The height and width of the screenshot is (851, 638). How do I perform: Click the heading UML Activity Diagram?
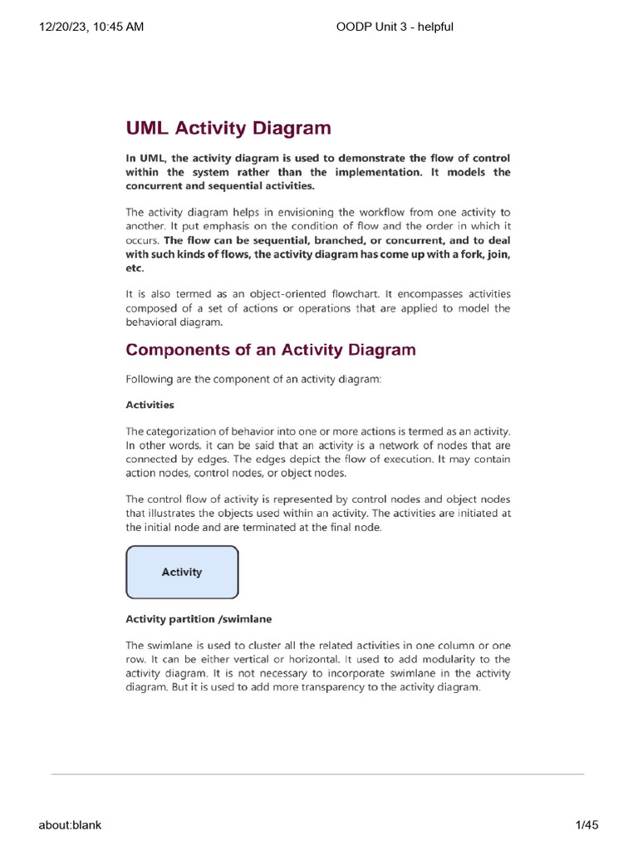pyautogui.click(x=228, y=128)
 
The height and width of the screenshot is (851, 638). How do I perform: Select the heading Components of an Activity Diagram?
pyautogui.click(x=270, y=349)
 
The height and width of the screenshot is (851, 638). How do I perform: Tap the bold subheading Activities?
pyautogui.click(x=150, y=405)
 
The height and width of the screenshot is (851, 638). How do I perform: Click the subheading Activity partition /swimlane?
pyautogui.click(x=199, y=619)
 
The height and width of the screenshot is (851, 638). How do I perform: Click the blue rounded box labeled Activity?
pyautogui.click(x=182, y=572)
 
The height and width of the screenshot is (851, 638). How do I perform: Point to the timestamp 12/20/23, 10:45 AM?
pyautogui.click(x=91, y=27)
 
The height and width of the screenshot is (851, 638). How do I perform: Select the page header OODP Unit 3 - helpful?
pyautogui.click(x=395, y=27)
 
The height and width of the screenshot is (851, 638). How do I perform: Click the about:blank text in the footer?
pyautogui.click(x=70, y=824)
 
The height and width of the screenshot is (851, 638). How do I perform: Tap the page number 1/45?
pyautogui.click(x=586, y=824)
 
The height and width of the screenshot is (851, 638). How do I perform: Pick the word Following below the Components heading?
pyautogui.click(x=150, y=379)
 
